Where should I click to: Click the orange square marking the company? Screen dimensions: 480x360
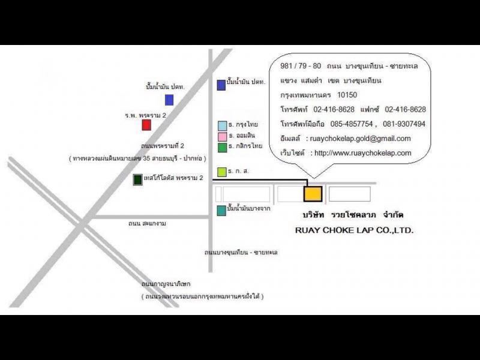[313, 194]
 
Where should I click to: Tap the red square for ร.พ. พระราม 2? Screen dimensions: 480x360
[146, 125]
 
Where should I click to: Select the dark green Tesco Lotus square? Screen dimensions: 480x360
[138, 179]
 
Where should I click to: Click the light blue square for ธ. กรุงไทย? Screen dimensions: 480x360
[222, 126]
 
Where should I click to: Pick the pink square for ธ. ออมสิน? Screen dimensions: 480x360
[222, 137]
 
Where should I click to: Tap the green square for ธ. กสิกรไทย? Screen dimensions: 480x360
[222, 148]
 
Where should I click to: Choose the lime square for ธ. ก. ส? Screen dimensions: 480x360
[222, 172]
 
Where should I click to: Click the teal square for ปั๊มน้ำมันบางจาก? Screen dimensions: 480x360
[221, 211]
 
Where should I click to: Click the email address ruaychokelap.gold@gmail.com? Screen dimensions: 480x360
[361, 139]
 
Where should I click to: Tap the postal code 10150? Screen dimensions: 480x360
[347, 95]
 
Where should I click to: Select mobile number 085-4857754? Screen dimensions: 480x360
[352, 124]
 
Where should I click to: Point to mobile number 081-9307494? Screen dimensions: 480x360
[404, 124]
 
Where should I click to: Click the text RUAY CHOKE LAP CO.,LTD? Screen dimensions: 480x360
[354, 230]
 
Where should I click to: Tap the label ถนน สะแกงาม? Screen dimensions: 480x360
[147, 223]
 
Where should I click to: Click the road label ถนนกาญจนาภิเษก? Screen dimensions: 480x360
[166, 284]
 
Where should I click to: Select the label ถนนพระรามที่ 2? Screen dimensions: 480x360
[163, 146]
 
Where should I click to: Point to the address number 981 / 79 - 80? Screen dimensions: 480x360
[301, 66]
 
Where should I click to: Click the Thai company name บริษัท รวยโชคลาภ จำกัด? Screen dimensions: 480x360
[353, 215]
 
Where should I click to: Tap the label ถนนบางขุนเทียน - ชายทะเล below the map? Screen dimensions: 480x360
[241, 253]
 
